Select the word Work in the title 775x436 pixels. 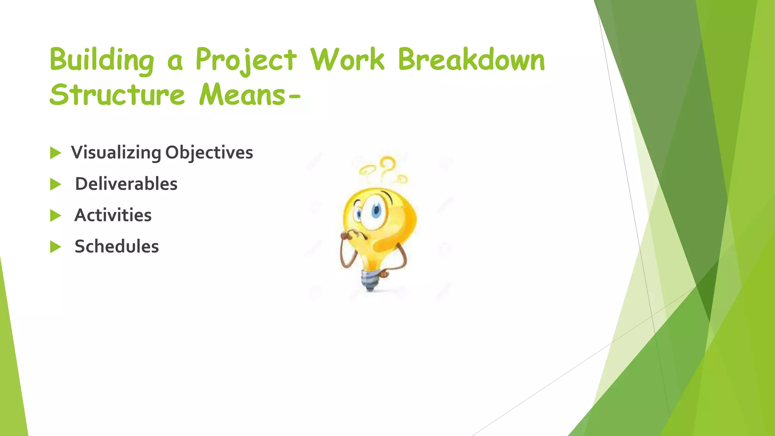tap(347, 60)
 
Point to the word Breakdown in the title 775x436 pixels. tap(471, 60)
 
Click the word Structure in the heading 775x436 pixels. tap(117, 95)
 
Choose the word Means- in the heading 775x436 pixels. tap(250, 95)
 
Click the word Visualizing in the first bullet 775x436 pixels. tap(116, 153)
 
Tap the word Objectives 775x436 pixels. tap(209, 153)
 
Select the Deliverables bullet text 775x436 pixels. tap(126, 184)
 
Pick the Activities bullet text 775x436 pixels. tap(113, 215)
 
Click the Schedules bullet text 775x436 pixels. tap(117, 246)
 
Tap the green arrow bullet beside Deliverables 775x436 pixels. tap(55, 185)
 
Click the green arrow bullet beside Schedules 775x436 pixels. tap(55, 247)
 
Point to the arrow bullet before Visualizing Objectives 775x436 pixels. tap(55, 153)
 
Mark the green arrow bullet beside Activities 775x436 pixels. tap(55, 216)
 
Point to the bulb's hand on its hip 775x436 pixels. tap(384, 273)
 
